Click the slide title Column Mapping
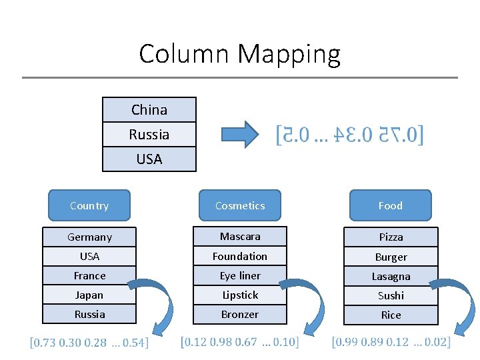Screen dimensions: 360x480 point(239,53)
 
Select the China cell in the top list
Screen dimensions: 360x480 point(149,109)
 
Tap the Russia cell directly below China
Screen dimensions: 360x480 point(149,135)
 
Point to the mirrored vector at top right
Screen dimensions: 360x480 point(350,135)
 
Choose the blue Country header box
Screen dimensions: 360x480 point(89,205)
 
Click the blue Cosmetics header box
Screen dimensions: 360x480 point(240,205)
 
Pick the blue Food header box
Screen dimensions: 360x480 point(391,205)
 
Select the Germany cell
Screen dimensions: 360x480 point(89,237)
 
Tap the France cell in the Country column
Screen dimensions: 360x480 point(89,275)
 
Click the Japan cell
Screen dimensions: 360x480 point(89,295)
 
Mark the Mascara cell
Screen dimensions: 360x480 point(240,236)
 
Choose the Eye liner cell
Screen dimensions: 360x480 point(240,275)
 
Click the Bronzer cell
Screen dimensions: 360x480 point(240,314)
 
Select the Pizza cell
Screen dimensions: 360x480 point(391,237)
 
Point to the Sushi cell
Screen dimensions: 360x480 point(391,295)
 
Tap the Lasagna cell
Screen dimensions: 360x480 point(391,276)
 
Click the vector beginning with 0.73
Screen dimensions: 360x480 point(89,343)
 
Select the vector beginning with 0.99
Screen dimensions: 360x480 point(391,342)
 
